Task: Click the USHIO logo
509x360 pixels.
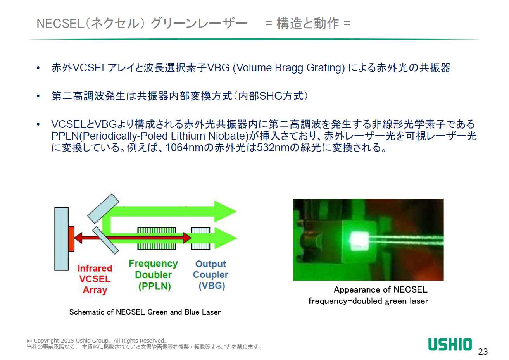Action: pyautogui.click(x=450, y=344)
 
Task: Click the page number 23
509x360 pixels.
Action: pyautogui.click(x=483, y=351)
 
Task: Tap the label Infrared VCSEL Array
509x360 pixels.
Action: pyautogui.click(x=95, y=279)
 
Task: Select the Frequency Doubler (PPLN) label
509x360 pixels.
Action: pyautogui.click(x=154, y=275)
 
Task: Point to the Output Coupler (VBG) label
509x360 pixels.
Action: pyautogui.click(x=211, y=275)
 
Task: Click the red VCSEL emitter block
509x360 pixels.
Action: pyautogui.click(x=71, y=239)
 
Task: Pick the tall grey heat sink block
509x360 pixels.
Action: pyautogui.click(x=61, y=239)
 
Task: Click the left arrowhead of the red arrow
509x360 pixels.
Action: pyautogui.click(x=78, y=238)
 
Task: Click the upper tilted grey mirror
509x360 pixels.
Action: pyautogui.click(x=104, y=208)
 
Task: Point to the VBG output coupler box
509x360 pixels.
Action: pyautogui.click(x=200, y=238)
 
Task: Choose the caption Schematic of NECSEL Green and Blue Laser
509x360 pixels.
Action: pyautogui.click(x=145, y=312)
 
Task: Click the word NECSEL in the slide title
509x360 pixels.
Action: pyautogui.click(x=60, y=23)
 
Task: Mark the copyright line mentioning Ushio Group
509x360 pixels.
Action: pyautogui.click(x=96, y=341)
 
